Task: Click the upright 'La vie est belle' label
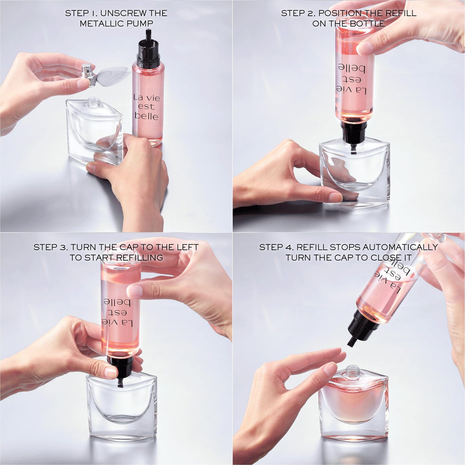147,107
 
